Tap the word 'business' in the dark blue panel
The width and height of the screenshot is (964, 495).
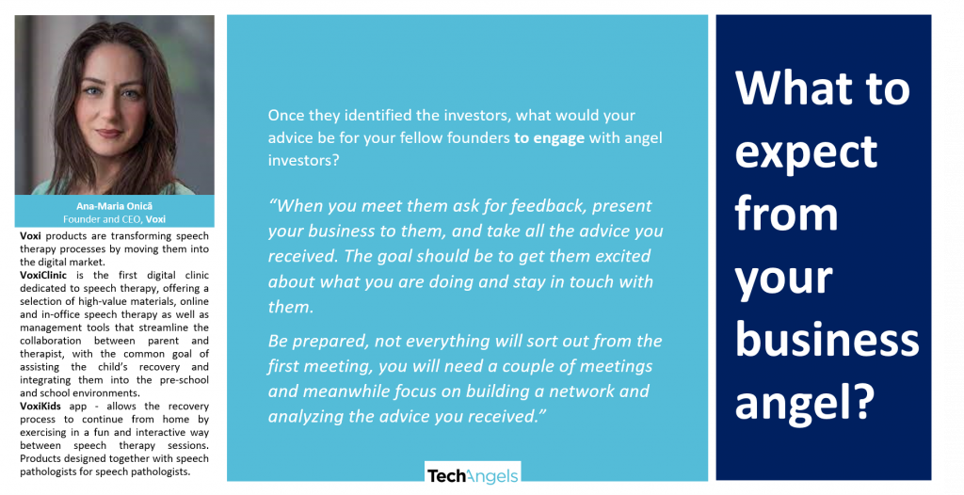[x=827, y=340]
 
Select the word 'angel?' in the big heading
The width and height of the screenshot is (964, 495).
[x=805, y=403]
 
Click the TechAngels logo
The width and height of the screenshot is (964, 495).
[x=473, y=475]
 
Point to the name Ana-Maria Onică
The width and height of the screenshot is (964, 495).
[x=114, y=206]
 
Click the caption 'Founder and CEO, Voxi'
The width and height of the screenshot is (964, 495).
[x=114, y=219]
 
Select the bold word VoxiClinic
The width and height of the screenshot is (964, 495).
[x=43, y=275]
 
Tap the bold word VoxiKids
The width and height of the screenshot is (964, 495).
[x=40, y=406]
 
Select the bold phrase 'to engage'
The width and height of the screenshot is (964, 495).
[x=549, y=138]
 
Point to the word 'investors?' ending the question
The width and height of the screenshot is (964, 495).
[x=304, y=161]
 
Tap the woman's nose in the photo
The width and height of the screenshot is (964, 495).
[x=109, y=114]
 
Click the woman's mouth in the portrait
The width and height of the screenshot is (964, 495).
[x=109, y=134]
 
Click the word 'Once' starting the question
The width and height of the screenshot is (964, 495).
[x=286, y=116]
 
